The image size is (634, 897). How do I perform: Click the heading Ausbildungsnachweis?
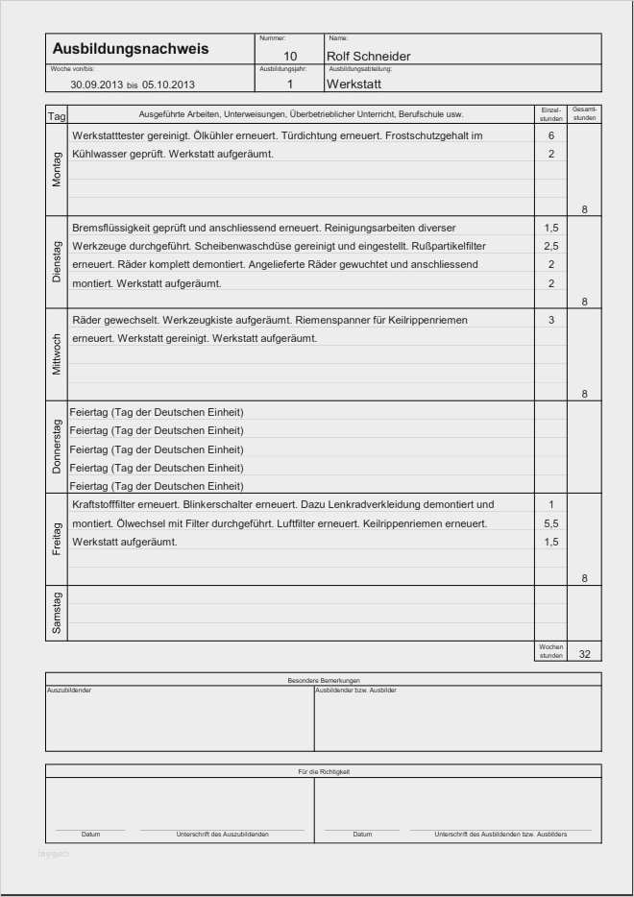[130, 48]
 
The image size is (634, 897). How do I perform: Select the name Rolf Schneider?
[368, 57]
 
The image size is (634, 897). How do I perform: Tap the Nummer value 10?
[290, 57]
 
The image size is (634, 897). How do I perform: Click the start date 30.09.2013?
[97, 85]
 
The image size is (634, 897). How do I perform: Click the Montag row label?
[57, 170]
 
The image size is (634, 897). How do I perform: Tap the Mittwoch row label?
[57, 354]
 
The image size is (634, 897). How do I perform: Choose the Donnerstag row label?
[57, 447]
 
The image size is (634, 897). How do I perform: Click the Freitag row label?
[57, 539]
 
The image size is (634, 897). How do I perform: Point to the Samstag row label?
[57, 613]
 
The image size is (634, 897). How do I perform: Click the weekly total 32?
[584, 653]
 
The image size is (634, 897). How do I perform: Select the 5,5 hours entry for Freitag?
[550, 523]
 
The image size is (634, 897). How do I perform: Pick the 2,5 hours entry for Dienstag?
[550, 247]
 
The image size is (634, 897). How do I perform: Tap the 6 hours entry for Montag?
[550, 135]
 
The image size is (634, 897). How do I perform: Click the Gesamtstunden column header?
[584, 114]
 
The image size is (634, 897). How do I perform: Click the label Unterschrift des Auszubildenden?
[222, 835]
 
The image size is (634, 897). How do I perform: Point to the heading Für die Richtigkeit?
[324, 771]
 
